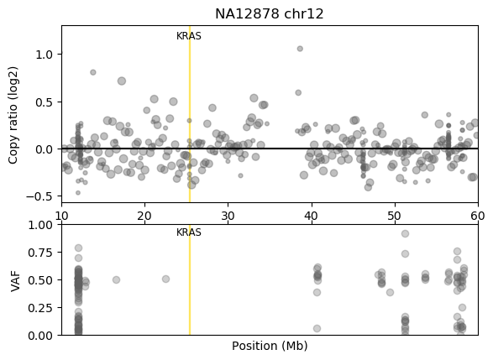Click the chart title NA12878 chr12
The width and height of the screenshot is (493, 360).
[x=269, y=14]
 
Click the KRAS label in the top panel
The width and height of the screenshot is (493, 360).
[x=189, y=36]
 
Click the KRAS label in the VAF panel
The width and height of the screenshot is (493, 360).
[x=189, y=232]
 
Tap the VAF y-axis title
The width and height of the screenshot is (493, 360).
[x=13, y=279]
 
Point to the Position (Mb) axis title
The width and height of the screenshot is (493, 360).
[x=270, y=346]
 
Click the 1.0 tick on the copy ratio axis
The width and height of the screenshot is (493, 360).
[x=43, y=54]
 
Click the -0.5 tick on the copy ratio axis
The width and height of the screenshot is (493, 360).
[x=39, y=197]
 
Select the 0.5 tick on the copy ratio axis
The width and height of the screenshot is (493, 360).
[x=43, y=102]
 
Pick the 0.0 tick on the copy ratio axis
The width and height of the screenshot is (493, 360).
[x=43, y=149]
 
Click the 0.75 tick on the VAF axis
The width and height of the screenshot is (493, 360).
[x=40, y=253]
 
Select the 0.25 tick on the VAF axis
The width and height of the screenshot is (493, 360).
[x=40, y=308]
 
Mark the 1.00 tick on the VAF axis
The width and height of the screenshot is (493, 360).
[x=40, y=225]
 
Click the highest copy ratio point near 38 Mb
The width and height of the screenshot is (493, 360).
[x=300, y=49]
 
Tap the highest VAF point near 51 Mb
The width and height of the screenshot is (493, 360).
[x=405, y=234]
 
